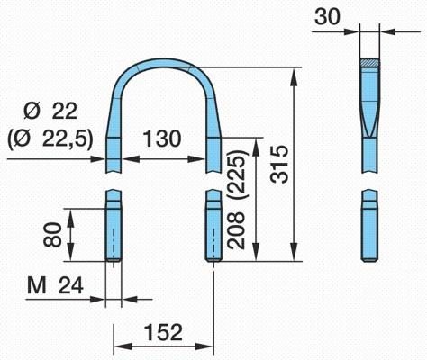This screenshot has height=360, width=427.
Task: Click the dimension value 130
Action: click(162, 139)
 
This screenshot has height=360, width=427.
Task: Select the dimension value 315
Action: click(279, 164)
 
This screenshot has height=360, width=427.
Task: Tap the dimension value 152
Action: click(163, 332)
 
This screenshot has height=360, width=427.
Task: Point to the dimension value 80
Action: click(52, 234)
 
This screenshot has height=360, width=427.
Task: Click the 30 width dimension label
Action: click(327, 16)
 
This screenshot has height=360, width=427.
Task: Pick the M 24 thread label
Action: click(55, 285)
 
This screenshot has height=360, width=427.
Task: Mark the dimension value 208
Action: click(236, 230)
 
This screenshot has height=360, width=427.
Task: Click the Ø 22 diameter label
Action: click(50, 112)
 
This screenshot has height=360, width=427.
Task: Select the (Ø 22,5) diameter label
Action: click(50, 139)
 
